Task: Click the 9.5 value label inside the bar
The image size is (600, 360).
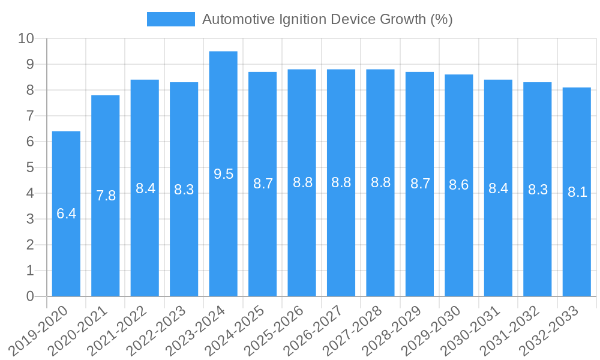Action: tap(223, 174)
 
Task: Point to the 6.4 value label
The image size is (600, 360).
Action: tap(66, 213)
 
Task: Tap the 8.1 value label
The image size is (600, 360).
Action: tap(577, 192)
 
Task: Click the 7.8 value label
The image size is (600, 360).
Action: tap(106, 195)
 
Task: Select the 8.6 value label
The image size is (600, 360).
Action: tap(459, 184)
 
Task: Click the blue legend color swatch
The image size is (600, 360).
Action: tap(171, 19)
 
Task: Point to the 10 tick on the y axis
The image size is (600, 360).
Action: tap(26, 38)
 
